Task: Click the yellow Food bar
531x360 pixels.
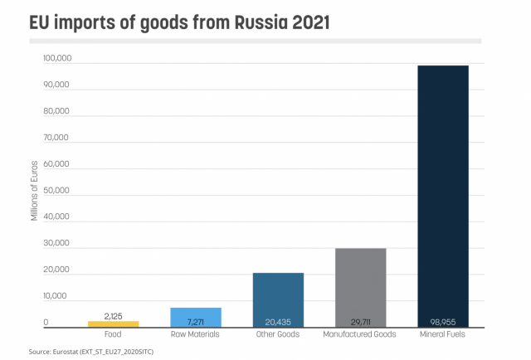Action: coord(113,324)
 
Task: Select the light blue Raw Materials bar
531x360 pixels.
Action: coord(196,314)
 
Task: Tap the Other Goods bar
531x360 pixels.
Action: coord(278,294)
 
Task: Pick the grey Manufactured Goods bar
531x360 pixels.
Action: coord(360,282)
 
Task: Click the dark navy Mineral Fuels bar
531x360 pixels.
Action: coord(443,191)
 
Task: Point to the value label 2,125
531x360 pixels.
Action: coord(113,316)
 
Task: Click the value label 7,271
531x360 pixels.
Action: coord(196,321)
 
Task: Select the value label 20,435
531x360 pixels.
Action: coord(278,321)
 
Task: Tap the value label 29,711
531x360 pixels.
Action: coord(360,321)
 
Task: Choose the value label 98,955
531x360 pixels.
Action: coord(443,321)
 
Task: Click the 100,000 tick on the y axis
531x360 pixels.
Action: coord(56,59)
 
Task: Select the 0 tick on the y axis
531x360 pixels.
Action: coord(46,323)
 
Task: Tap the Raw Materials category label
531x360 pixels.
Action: coord(196,334)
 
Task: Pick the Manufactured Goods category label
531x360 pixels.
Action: coord(360,334)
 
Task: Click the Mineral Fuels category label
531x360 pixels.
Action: coord(443,334)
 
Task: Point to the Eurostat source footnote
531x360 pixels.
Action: coord(91,352)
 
